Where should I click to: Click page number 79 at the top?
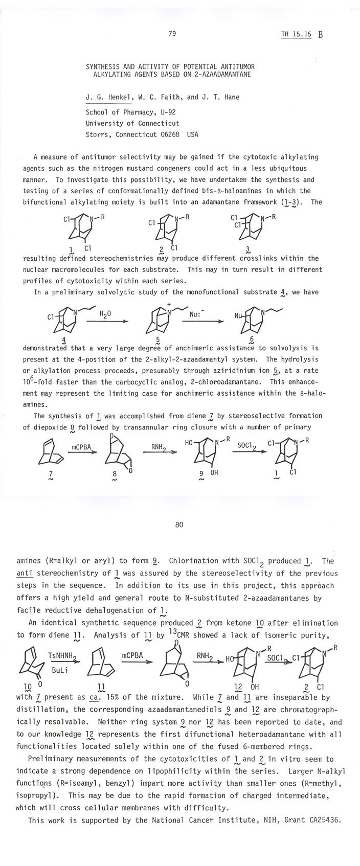pos(172,34)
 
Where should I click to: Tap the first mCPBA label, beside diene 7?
pos(81,447)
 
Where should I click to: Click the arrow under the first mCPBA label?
pos(82,452)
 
